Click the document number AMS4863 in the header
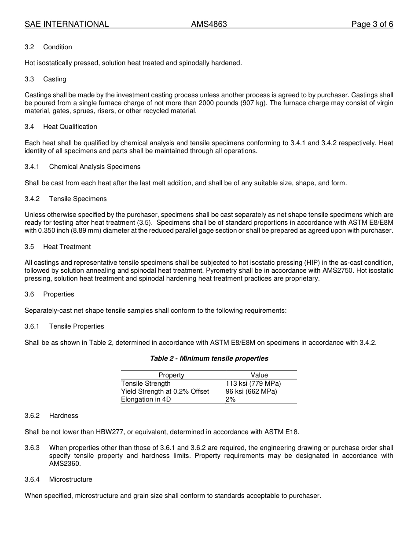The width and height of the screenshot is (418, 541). pyautogui.click(x=209, y=24)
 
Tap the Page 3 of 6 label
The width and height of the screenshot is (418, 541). pyautogui.click(x=372, y=24)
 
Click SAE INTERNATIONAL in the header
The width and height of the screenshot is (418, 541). pyautogui.click(x=66, y=24)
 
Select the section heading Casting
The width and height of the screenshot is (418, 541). pyautogui.click(x=55, y=79)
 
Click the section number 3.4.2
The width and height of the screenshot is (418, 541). pyautogui.click(x=32, y=199)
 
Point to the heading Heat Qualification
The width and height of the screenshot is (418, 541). pyautogui.click(x=70, y=127)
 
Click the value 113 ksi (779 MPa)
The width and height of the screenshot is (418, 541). pyautogui.click(x=253, y=384)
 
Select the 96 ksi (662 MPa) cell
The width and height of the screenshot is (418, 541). pyautogui.click(x=251, y=391)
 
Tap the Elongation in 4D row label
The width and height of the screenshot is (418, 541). pyautogui.click(x=146, y=399)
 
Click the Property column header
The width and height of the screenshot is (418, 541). pyautogui.click(x=171, y=375)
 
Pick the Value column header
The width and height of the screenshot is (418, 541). pyautogui.click(x=259, y=375)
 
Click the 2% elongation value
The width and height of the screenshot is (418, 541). pyautogui.click(x=231, y=399)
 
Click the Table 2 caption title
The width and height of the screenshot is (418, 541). pyautogui.click(x=209, y=358)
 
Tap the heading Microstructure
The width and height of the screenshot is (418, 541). pyautogui.click(x=70, y=479)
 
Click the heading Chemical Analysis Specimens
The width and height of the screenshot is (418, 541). pyautogui.click(x=95, y=167)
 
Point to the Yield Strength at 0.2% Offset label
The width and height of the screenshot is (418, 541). pyautogui.click(x=165, y=391)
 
